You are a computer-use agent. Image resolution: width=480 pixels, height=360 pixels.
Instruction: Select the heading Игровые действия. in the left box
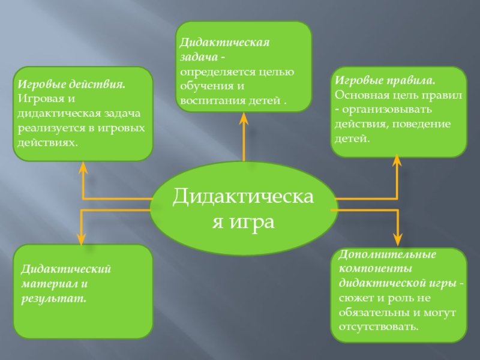pos(70,85)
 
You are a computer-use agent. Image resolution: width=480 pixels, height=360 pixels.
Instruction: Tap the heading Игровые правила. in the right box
pos(385,80)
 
